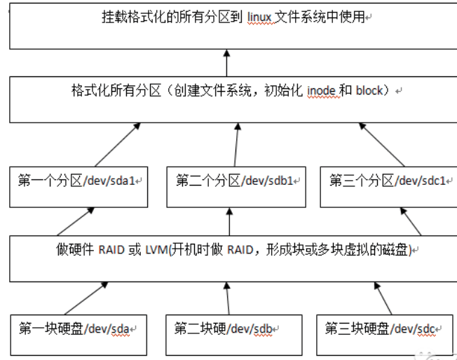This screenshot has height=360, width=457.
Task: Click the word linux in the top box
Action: click(261, 18)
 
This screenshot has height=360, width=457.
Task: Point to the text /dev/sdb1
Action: click(268, 181)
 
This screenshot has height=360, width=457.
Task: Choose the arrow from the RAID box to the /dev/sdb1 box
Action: click(230, 221)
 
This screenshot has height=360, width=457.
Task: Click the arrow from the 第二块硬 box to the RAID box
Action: click(227, 298)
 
